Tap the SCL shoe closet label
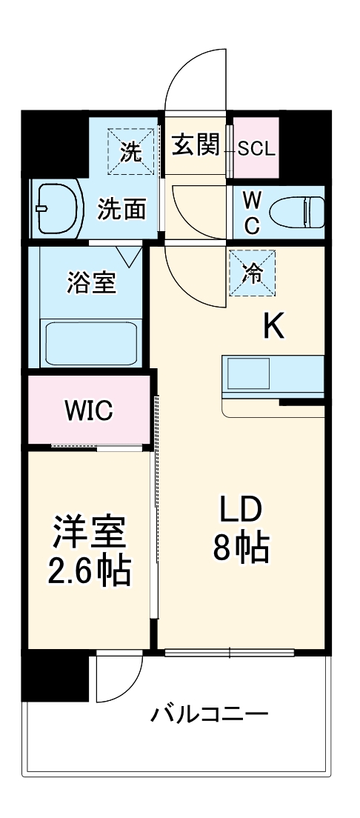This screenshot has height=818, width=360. coord(256,148)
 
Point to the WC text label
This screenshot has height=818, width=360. coord(252,213)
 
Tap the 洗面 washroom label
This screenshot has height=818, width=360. coord(122,210)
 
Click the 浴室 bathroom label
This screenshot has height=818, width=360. coord(91,282)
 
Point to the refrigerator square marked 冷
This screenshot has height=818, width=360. coord(253,273)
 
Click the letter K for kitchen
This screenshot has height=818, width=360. coord(274,325)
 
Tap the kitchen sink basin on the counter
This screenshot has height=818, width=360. coord(249,373)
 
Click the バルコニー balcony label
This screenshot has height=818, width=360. coord(210,715)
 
